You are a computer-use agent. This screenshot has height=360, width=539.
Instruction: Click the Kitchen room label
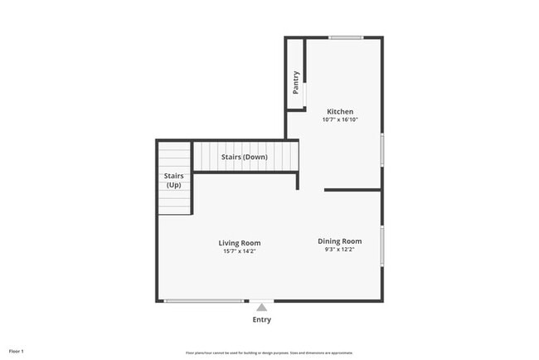point(340,112)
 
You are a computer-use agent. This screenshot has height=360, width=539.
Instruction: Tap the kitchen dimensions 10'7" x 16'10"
point(340,119)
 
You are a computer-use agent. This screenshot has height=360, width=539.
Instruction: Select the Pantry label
point(296,82)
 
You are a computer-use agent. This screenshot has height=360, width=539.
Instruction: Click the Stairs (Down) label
point(244,157)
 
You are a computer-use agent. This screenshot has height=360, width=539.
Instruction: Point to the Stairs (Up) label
point(173,180)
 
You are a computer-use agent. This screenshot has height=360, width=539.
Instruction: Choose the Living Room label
point(240,243)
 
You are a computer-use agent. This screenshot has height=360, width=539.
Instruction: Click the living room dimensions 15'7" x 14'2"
point(240,251)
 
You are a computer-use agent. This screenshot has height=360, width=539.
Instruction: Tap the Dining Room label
point(340,241)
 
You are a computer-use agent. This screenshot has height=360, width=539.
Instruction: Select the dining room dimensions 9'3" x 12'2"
point(340,250)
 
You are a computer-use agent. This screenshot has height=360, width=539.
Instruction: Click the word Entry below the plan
point(261,319)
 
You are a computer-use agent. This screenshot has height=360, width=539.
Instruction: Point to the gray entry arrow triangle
point(261,308)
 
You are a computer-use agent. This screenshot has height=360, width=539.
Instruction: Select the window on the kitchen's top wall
point(346,37)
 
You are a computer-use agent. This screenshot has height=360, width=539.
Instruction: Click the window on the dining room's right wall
point(382,246)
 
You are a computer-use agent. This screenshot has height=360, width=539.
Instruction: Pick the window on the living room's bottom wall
point(204,301)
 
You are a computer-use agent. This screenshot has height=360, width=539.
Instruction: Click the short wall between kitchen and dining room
point(352,190)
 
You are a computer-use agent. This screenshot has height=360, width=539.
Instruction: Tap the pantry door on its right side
point(304,93)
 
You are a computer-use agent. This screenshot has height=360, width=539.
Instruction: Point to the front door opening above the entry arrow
point(261,301)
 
